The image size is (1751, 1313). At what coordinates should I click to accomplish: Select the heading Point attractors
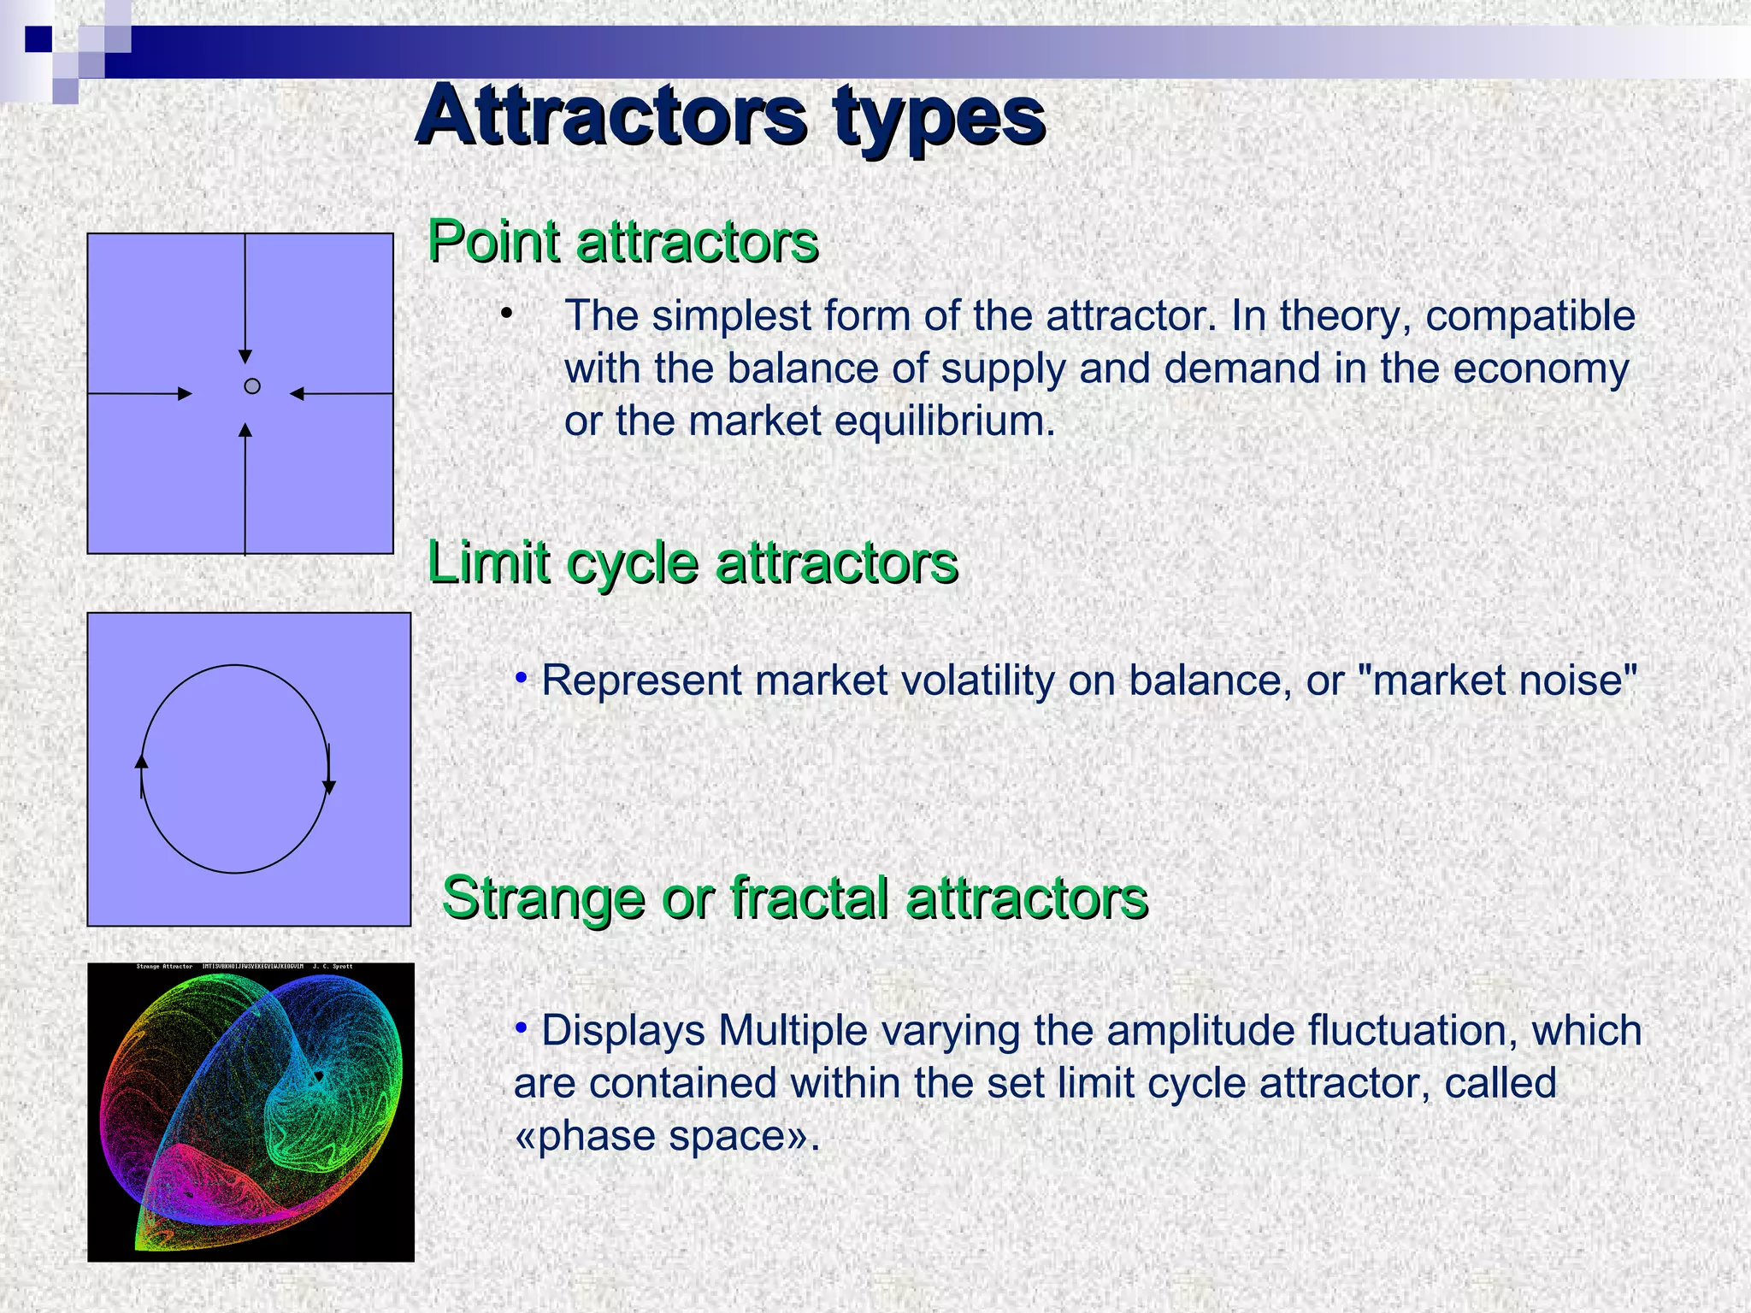point(622,242)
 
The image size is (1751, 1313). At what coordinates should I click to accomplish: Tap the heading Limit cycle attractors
point(693,563)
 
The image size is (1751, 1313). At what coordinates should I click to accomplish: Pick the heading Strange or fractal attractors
point(794,898)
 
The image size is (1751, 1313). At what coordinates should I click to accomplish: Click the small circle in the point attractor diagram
point(252,386)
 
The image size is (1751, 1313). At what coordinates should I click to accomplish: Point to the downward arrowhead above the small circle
point(245,356)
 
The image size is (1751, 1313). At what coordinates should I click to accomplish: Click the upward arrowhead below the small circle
point(245,430)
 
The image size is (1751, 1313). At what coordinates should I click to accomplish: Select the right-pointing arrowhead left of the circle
point(185,393)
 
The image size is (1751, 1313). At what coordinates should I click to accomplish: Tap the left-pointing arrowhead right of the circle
point(298,393)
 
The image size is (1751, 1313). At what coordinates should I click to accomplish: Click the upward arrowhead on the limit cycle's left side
point(142,761)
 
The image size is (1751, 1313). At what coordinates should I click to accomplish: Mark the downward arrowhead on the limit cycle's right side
point(329,787)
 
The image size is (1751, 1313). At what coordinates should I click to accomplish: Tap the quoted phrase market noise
point(1497,681)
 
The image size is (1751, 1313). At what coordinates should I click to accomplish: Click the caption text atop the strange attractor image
point(245,967)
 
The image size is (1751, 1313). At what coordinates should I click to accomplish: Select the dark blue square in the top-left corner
point(38,39)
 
